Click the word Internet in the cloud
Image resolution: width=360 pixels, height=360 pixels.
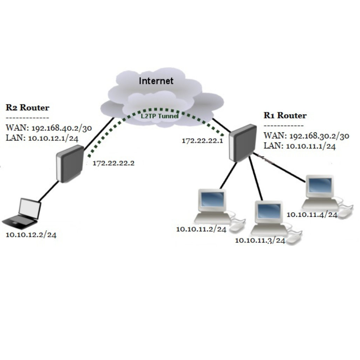(x=156, y=81)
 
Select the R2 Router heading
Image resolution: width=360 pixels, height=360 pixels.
(x=28, y=108)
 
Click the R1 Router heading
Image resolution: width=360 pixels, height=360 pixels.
(x=285, y=116)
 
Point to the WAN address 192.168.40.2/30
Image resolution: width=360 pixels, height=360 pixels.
(x=49, y=128)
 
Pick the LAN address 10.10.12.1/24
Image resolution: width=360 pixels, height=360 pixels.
(x=42, y=138)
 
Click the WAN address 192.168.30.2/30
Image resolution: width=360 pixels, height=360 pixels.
(x=306, y=136)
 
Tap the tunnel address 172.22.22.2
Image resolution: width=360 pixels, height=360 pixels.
(x=113, y=163)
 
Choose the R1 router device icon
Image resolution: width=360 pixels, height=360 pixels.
(x=242, y=142)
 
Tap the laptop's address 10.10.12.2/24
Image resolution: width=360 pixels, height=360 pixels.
(x=31, y=235)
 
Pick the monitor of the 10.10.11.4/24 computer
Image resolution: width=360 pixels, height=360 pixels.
(x=319, y=186)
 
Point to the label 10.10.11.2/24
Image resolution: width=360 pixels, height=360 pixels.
(x=201, y=229)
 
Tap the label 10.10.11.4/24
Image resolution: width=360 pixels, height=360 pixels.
(x=312, y=214)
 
